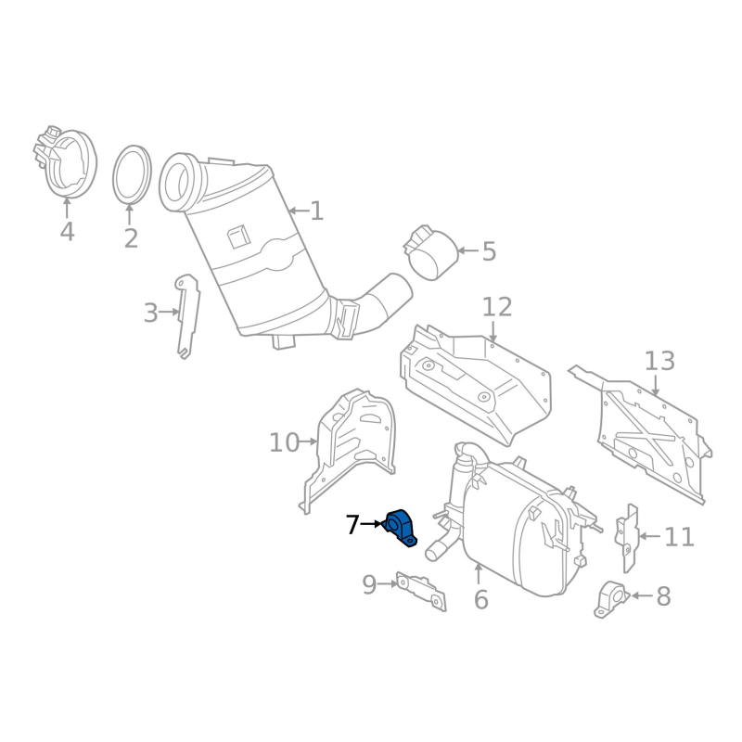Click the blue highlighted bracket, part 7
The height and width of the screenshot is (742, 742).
pyautogui.click(x=400, y=527)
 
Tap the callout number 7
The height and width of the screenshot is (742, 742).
pyautogui.click(x=352, y=524)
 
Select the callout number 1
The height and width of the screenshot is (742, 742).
pyautogui.click(x=317, y=211)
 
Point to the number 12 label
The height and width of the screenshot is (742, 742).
pyautogui.click(x=497, y=307)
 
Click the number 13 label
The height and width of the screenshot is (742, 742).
pyautogui.click(x=659, y=361)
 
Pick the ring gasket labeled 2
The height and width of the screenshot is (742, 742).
pyautogui.click(x=132, y=174)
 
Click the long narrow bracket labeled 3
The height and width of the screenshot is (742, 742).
pyautogui.click(x=188, y=315)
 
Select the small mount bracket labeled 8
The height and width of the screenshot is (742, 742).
pyautogui.click(x=611, y=598)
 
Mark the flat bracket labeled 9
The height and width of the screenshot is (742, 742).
pyautogui.click(x=421, y=591)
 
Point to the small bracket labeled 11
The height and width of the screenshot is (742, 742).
pyautogui.click(x=627, y=538)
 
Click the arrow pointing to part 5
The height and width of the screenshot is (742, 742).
pyautogui.click(x=467, y=250)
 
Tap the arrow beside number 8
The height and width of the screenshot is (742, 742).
pyautogui.click(x=641, y=595)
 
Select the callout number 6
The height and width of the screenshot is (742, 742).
pyautogui.click(x=480, y=599)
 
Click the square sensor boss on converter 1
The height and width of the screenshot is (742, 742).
pyautogui.click(x=238, y=237)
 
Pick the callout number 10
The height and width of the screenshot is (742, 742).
pyautogui.click(x=284, y=442)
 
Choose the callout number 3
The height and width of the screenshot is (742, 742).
pyautogui.click(x=150, y=313)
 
